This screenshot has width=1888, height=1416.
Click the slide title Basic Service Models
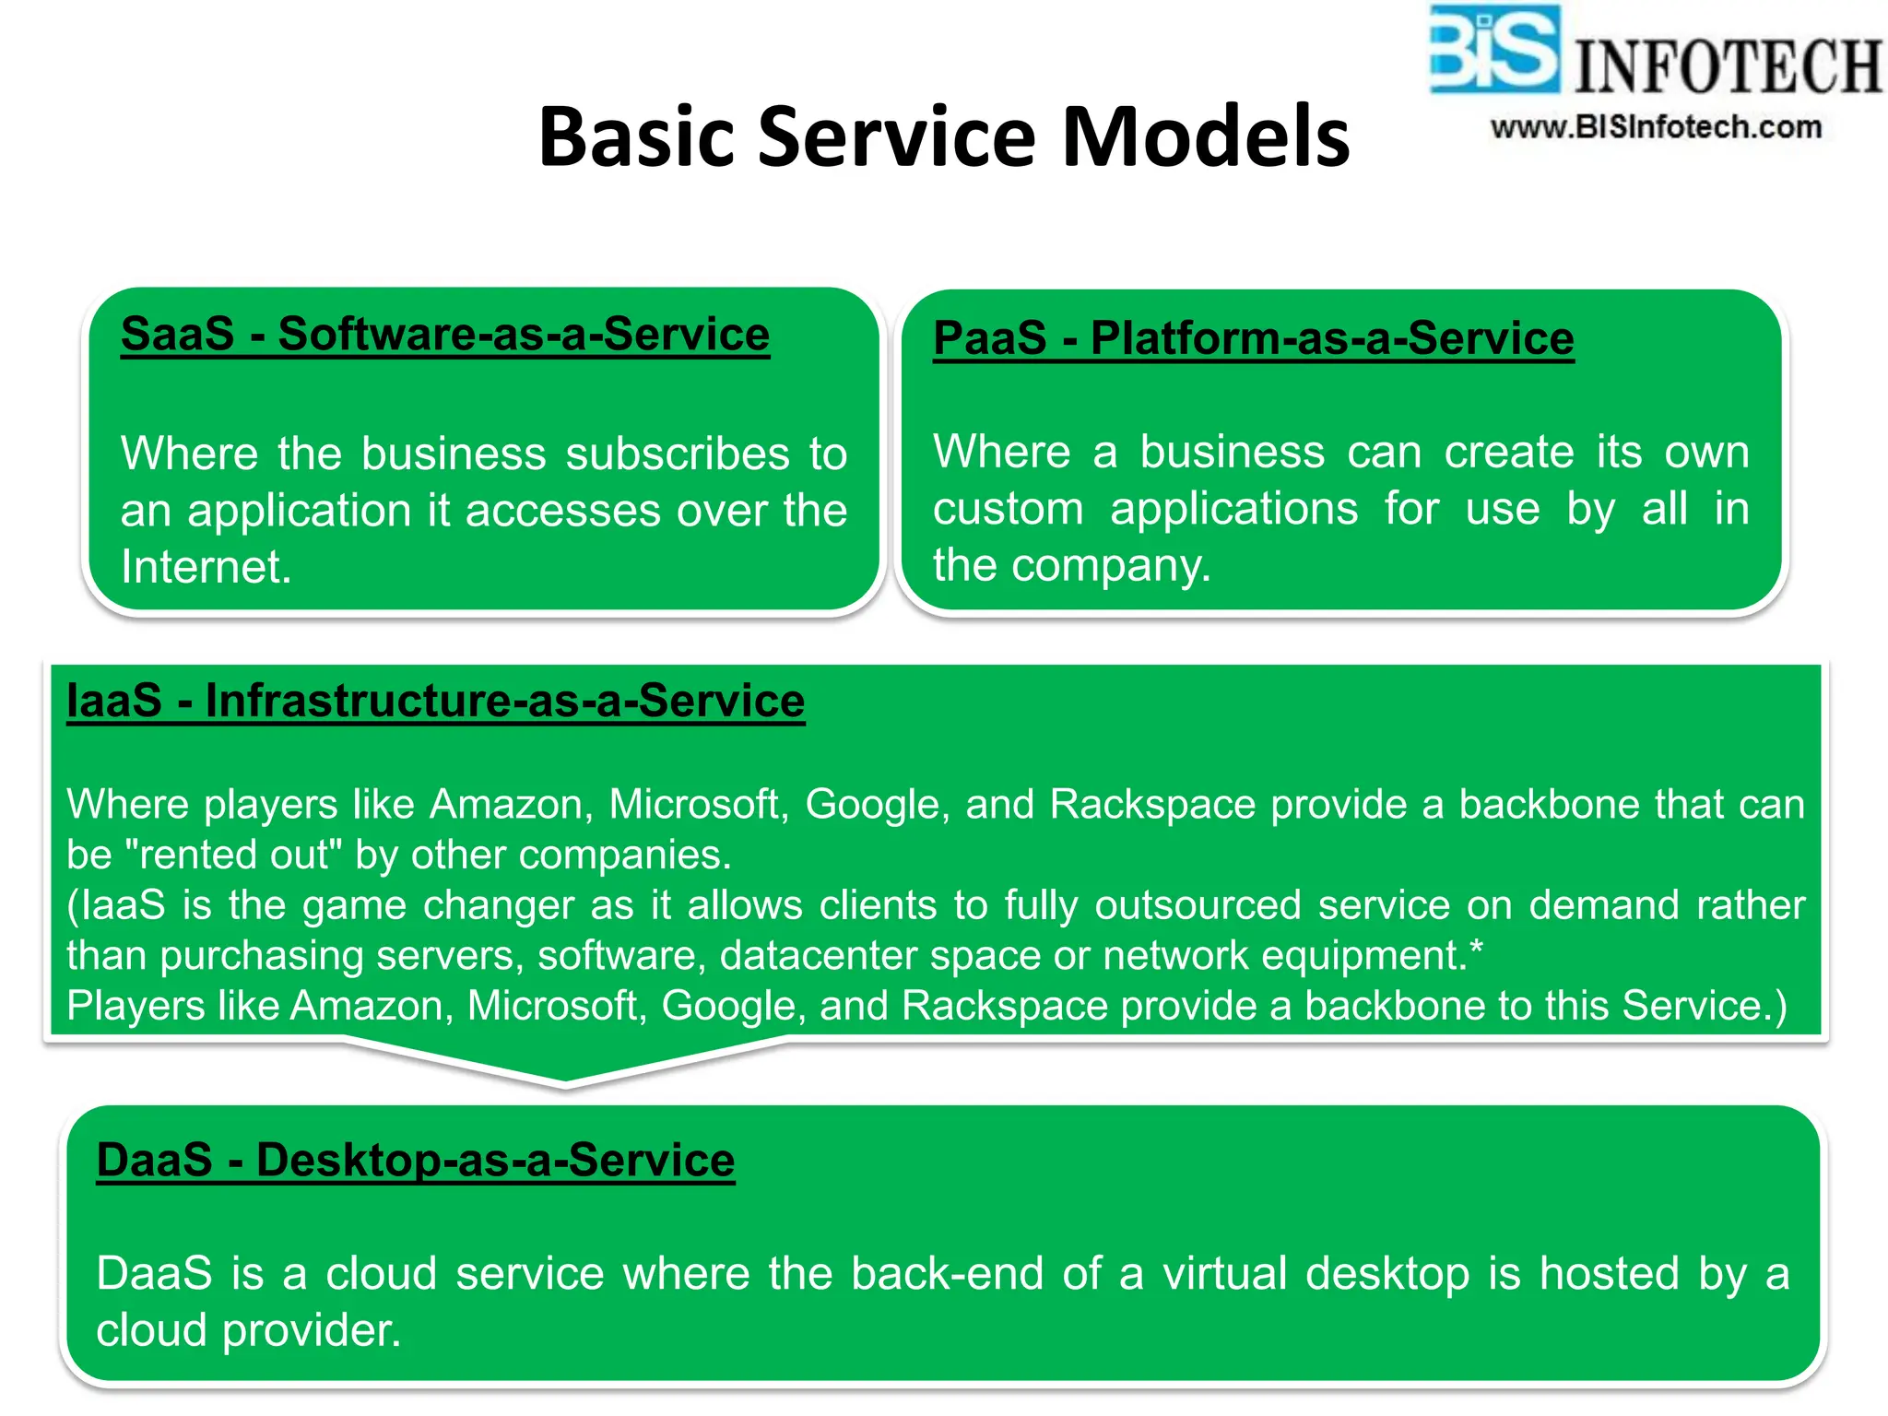click(x=943, y=136)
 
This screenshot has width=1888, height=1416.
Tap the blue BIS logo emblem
click(x=1493, y=51)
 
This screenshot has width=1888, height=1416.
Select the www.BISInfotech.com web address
click(x=1656, y=127)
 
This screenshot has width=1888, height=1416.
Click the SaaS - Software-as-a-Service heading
click(x=444, y=334)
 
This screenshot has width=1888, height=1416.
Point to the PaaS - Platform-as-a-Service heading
click(x=1253, y=337)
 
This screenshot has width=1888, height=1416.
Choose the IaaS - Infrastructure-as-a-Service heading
click(x=435, y=701)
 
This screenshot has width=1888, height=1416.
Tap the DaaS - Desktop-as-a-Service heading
click(x=415, y=1160)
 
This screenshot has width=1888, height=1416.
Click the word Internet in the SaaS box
click(x=206, y=567)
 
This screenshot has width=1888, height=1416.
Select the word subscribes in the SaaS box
click(x=677, y=454)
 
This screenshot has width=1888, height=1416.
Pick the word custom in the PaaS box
click(x=1008, y=509)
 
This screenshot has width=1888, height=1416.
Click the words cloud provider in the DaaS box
click(x=248, y=1330)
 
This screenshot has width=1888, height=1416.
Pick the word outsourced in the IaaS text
click(x=1198, y=905)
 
